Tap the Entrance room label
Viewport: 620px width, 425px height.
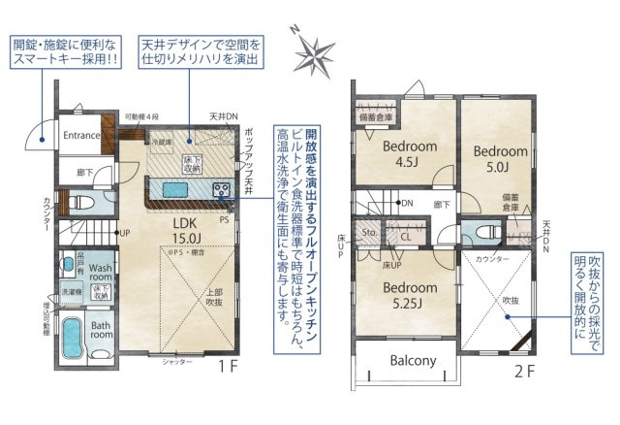[81, 136]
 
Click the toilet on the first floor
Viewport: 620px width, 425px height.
[82, 205]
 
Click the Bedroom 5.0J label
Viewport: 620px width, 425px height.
[499, 159]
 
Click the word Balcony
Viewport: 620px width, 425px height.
[414, 361]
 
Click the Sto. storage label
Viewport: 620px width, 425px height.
[368, 234]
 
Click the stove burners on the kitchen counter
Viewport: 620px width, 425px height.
[220, 188]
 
